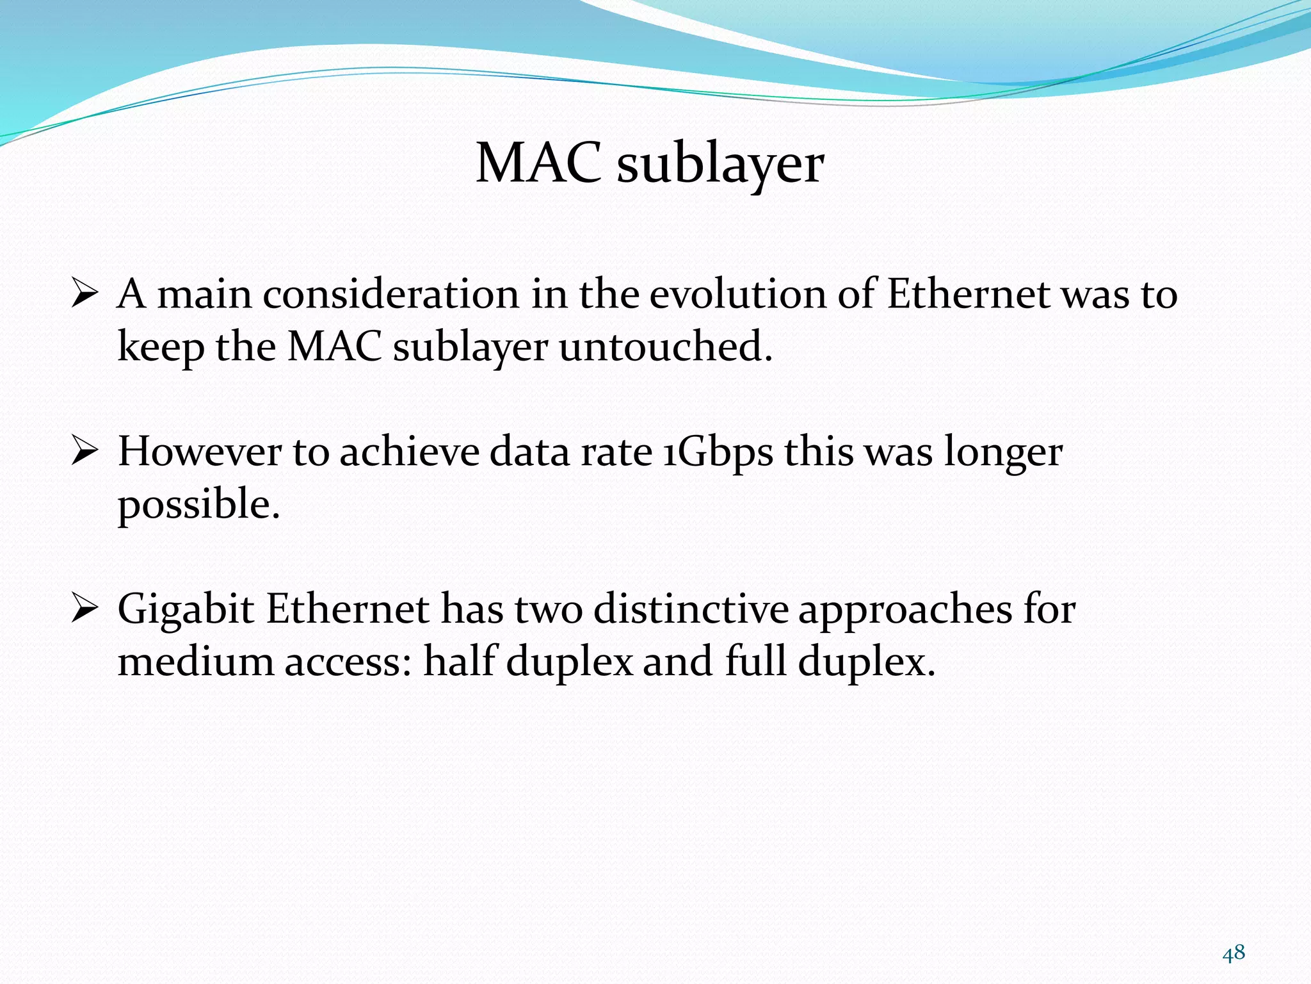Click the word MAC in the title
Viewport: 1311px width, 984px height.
tap(538, 163)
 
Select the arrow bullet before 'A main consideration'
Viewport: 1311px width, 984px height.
tap(84, 294)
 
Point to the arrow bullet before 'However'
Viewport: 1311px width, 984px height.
tap(84, 452)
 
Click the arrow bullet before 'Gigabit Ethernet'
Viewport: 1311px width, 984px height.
tap(84, 609)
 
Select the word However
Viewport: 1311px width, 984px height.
tap(200, 452)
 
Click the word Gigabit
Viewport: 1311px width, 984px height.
tap(186, 610)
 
